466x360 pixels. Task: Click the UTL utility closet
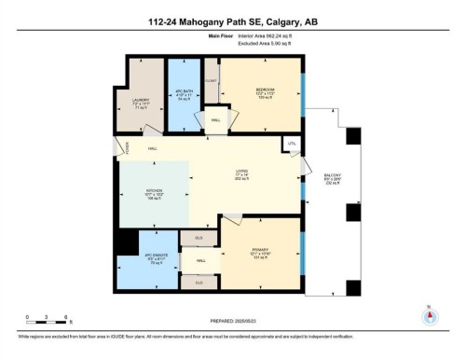click(x=292, y=145)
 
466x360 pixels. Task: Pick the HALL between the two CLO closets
click(x=200, y=263)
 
